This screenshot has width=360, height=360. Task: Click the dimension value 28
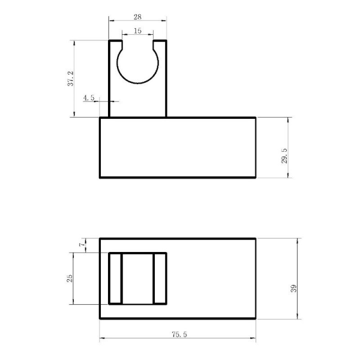click(138, 17)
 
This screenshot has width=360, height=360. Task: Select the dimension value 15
click(138, 31)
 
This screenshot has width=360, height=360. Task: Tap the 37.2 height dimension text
click(71, 78)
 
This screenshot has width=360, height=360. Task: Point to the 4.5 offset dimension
click(89, 98)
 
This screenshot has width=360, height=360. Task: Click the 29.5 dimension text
click(284, 156)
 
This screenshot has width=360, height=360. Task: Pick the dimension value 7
click(82, 245)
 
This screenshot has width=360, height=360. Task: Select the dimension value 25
click(69, 278)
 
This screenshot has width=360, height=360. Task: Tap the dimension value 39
click(294, 288)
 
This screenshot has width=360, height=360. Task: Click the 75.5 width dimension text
click(180, 334)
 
